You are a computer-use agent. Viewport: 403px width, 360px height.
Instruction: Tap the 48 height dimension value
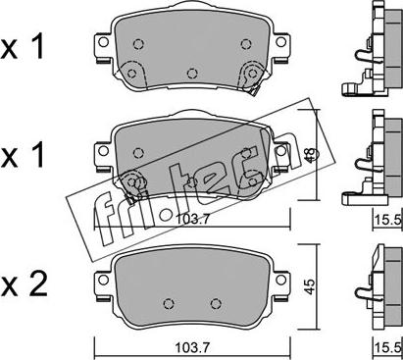point(310,155)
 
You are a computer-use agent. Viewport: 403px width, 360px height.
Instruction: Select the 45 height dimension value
point(310,286)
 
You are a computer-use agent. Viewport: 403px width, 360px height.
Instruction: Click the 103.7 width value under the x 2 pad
point(192,347)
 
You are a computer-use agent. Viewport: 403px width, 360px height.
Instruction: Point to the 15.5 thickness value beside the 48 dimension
point(388,219)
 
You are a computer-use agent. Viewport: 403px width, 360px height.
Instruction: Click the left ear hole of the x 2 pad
point(104,280)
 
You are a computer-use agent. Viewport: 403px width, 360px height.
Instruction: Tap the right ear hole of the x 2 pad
point(280,280)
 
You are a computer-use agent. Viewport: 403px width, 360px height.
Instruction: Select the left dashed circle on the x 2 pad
point(169,304)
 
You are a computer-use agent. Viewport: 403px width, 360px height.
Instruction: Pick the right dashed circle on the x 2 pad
point(216,304)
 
